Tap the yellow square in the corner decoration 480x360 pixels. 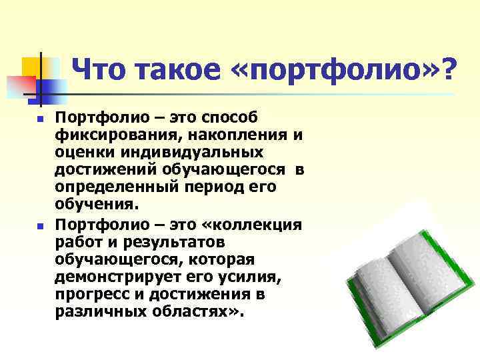click(x=32, y=67)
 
